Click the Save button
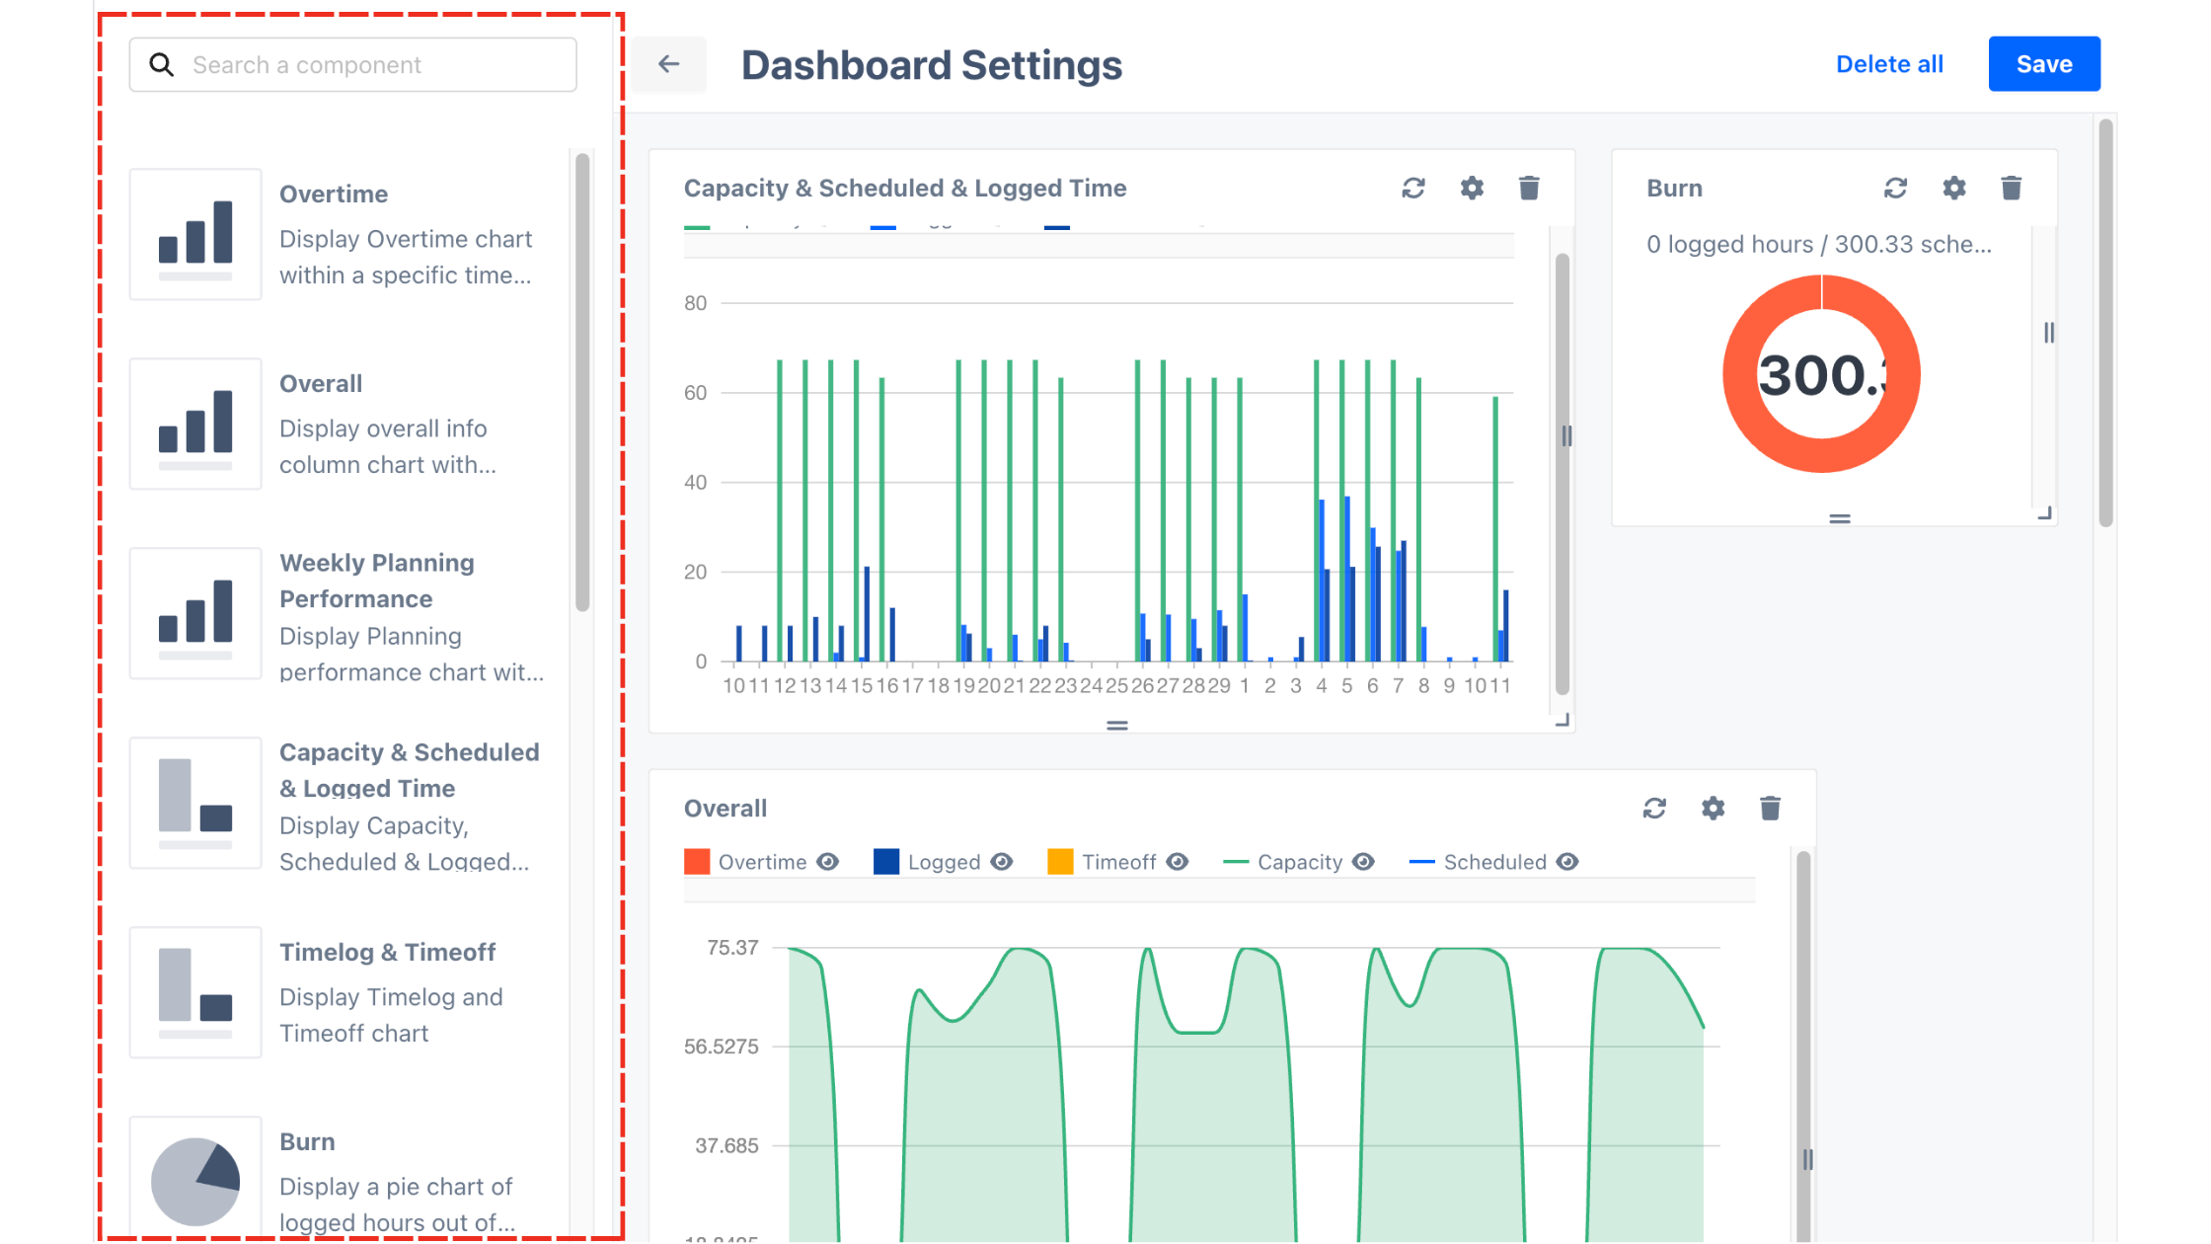point(2043,64)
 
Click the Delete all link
point(1888,64)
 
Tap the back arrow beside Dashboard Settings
point(669,64)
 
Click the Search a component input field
point(375,65)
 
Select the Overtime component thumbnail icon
point(195,234)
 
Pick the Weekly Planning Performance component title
point(376,581)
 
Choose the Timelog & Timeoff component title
point(387,952)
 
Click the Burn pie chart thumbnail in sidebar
point(195,1180)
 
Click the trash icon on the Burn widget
point(2011,188)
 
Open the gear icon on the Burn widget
point(1953,188)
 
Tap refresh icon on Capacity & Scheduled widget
point(1413,188)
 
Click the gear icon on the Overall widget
point(1713,809)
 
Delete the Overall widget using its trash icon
point(1770,809)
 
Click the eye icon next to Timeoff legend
point(1177,862)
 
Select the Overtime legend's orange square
point(697,862)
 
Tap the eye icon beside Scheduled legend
point(1567,862)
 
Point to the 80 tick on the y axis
point(695,303)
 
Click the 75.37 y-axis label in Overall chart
point(732,948)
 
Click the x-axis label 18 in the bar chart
point(938,686)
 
